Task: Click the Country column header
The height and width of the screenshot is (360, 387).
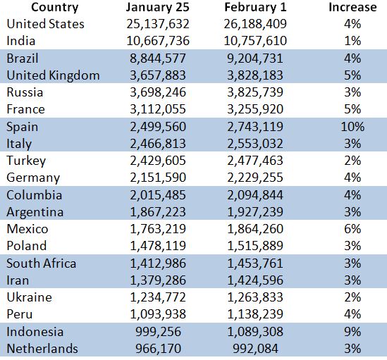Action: coord(55,8)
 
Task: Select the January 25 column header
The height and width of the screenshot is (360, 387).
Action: coord(158,8)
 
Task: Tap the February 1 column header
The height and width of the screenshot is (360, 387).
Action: coord(255,8)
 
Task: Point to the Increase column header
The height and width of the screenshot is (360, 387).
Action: coord(352,8)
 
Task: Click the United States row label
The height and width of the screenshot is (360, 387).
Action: coord(45,24)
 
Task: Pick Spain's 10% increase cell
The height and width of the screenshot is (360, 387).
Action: coord(352,127)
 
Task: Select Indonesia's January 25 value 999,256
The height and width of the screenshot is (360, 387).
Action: coord(158,332)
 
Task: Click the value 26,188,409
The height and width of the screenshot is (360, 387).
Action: coord(255,24)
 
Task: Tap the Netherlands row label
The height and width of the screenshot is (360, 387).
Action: coord(42,349)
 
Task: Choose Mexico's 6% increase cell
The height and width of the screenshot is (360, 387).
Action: coord(352,229)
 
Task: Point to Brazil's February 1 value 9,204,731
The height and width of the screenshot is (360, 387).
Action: coord(255,58)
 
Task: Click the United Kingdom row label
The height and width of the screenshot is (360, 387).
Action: coord(53,75)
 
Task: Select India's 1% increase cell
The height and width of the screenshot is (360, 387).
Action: coord(352,41)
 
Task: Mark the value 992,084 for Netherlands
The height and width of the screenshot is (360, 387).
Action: coord(255,349)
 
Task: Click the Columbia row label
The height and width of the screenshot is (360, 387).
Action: coord(34,195)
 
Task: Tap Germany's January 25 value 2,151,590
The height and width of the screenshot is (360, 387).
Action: coord(158,178)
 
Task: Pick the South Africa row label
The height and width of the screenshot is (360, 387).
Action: coord(41,263)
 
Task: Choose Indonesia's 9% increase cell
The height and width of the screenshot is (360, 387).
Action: coord(352,332)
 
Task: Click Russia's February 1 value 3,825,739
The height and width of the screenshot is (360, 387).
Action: coord(255,92)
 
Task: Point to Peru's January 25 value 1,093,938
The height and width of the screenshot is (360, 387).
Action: coord(158,314)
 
